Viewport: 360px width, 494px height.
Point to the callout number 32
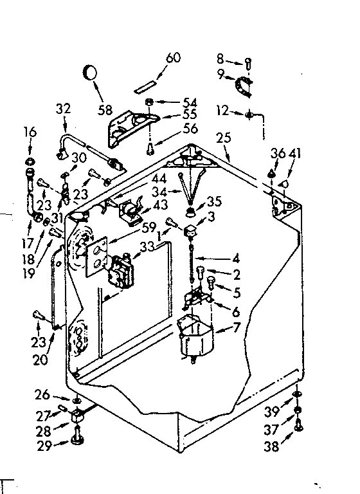pos(64,109)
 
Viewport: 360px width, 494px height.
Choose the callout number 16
pos(30,133)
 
